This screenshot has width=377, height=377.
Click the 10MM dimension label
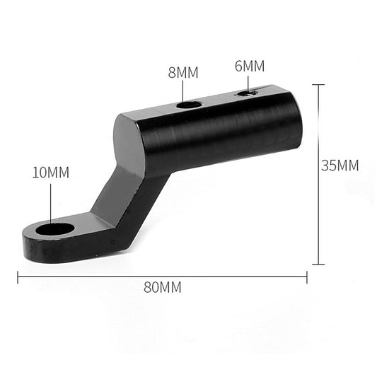(x=50, y=173)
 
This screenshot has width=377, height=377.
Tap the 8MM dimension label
(x=183, y=72)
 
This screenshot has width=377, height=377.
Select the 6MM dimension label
(x=249, y=66)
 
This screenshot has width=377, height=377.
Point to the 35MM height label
(x=340, y=166)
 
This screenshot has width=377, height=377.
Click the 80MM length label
(x=163, y=288)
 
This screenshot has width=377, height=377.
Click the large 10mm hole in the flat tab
(x=55, y=229)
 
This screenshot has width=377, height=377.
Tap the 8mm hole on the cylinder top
(x=189, y=104)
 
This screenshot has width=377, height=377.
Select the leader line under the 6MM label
(x=248, y=83)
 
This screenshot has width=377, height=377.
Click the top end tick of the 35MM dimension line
(x=318, y=85)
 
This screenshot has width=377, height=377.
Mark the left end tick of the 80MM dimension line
(x=18, y=277)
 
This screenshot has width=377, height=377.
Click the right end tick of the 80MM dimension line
(x=307, y=277)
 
